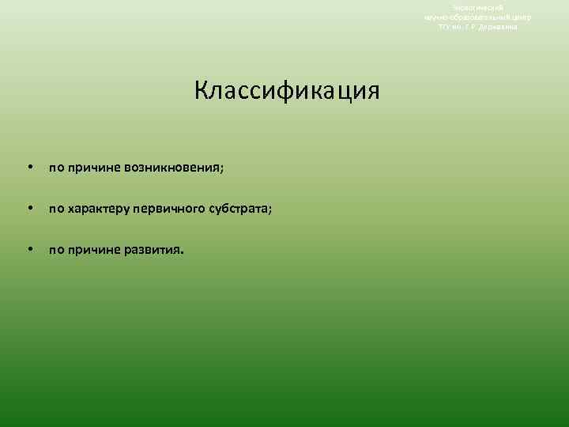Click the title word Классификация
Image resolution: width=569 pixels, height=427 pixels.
pyautogui.click(x=286, y=90)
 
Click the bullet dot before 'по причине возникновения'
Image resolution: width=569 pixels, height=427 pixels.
pyautogui.click(x=29, y=167)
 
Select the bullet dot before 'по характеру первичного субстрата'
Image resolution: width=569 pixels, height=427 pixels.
pyautogui.click(x=29, y=209)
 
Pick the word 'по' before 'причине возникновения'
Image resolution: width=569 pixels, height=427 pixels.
pyautogui.click(x=57, y=168)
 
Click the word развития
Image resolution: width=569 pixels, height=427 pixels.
pyautogui.click(x=156, y=251)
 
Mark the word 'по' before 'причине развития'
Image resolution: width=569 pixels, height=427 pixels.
pyautogui.click(x=57, y=251)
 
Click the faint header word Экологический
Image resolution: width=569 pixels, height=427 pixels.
pyautogui.click(x=477, y=7)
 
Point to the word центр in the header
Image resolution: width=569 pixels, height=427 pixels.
pyautogui.click(x=522, y=17)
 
